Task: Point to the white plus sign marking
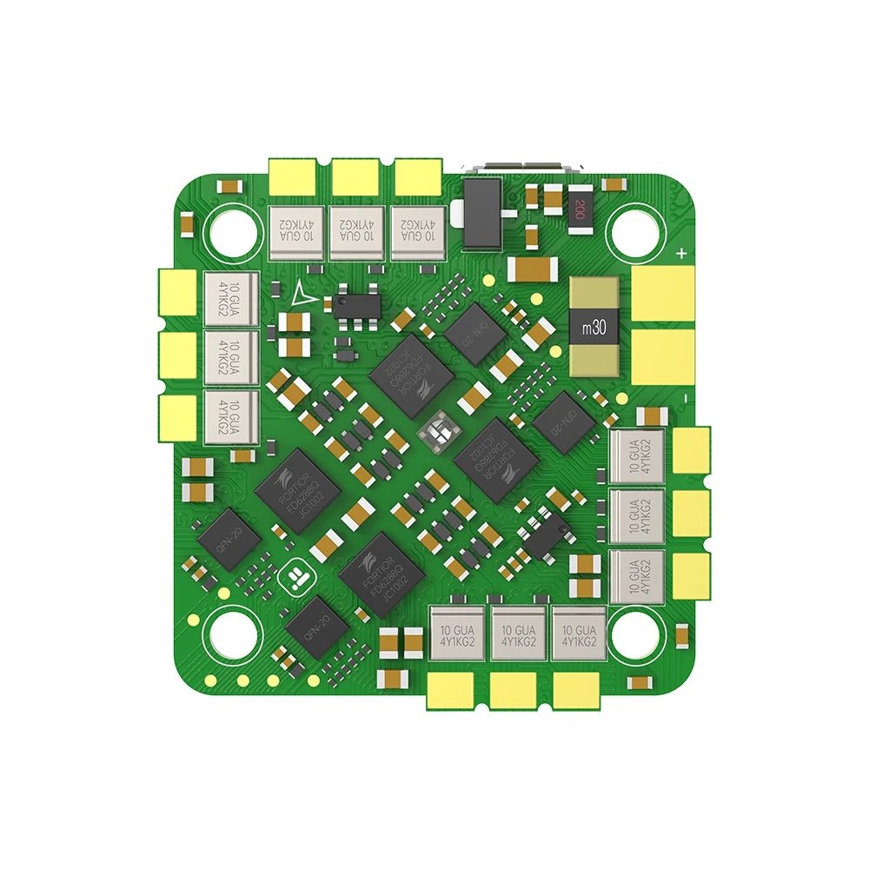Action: [x=682, y=255]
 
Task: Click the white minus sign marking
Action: [x=683, y=397]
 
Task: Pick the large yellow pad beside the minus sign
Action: [x=662, y=357]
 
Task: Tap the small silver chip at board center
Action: [x=440, y=430]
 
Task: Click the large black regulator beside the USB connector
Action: [x=482, y=212]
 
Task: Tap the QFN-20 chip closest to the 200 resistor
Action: [x=474, y=329]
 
